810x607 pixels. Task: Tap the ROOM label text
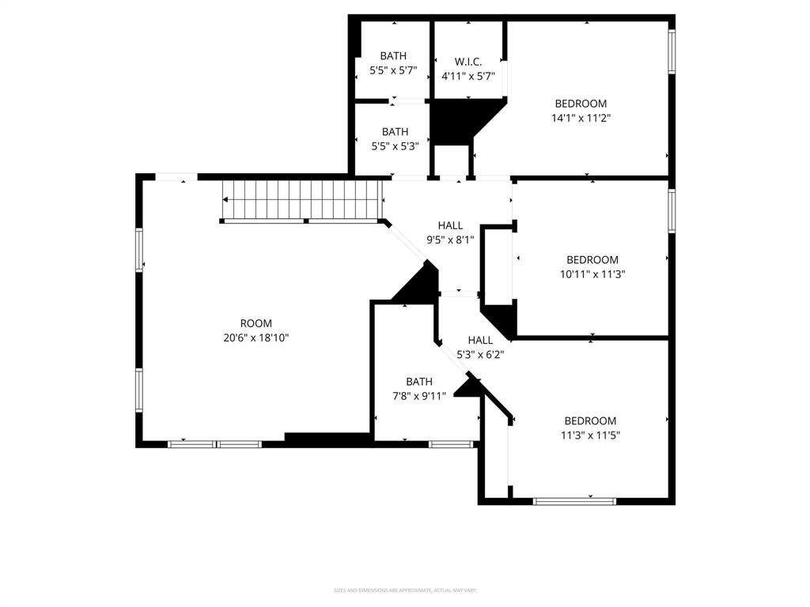255,323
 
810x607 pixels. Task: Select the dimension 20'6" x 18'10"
255,337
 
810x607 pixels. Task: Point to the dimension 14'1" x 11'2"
581,118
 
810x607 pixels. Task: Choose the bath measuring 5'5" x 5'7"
393,62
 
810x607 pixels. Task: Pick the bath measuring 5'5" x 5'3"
395,139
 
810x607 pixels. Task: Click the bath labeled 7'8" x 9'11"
419,388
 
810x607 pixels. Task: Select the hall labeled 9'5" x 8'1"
450,232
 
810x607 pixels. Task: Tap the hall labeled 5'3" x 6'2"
479,348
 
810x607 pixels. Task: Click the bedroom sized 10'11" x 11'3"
592,267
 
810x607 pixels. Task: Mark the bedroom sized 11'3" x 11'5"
589,428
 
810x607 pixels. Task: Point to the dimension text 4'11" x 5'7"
467,76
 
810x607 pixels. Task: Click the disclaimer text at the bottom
404,590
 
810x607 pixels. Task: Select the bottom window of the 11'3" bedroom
574,500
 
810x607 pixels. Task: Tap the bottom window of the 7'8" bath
451,444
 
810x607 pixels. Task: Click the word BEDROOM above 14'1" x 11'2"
581,104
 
